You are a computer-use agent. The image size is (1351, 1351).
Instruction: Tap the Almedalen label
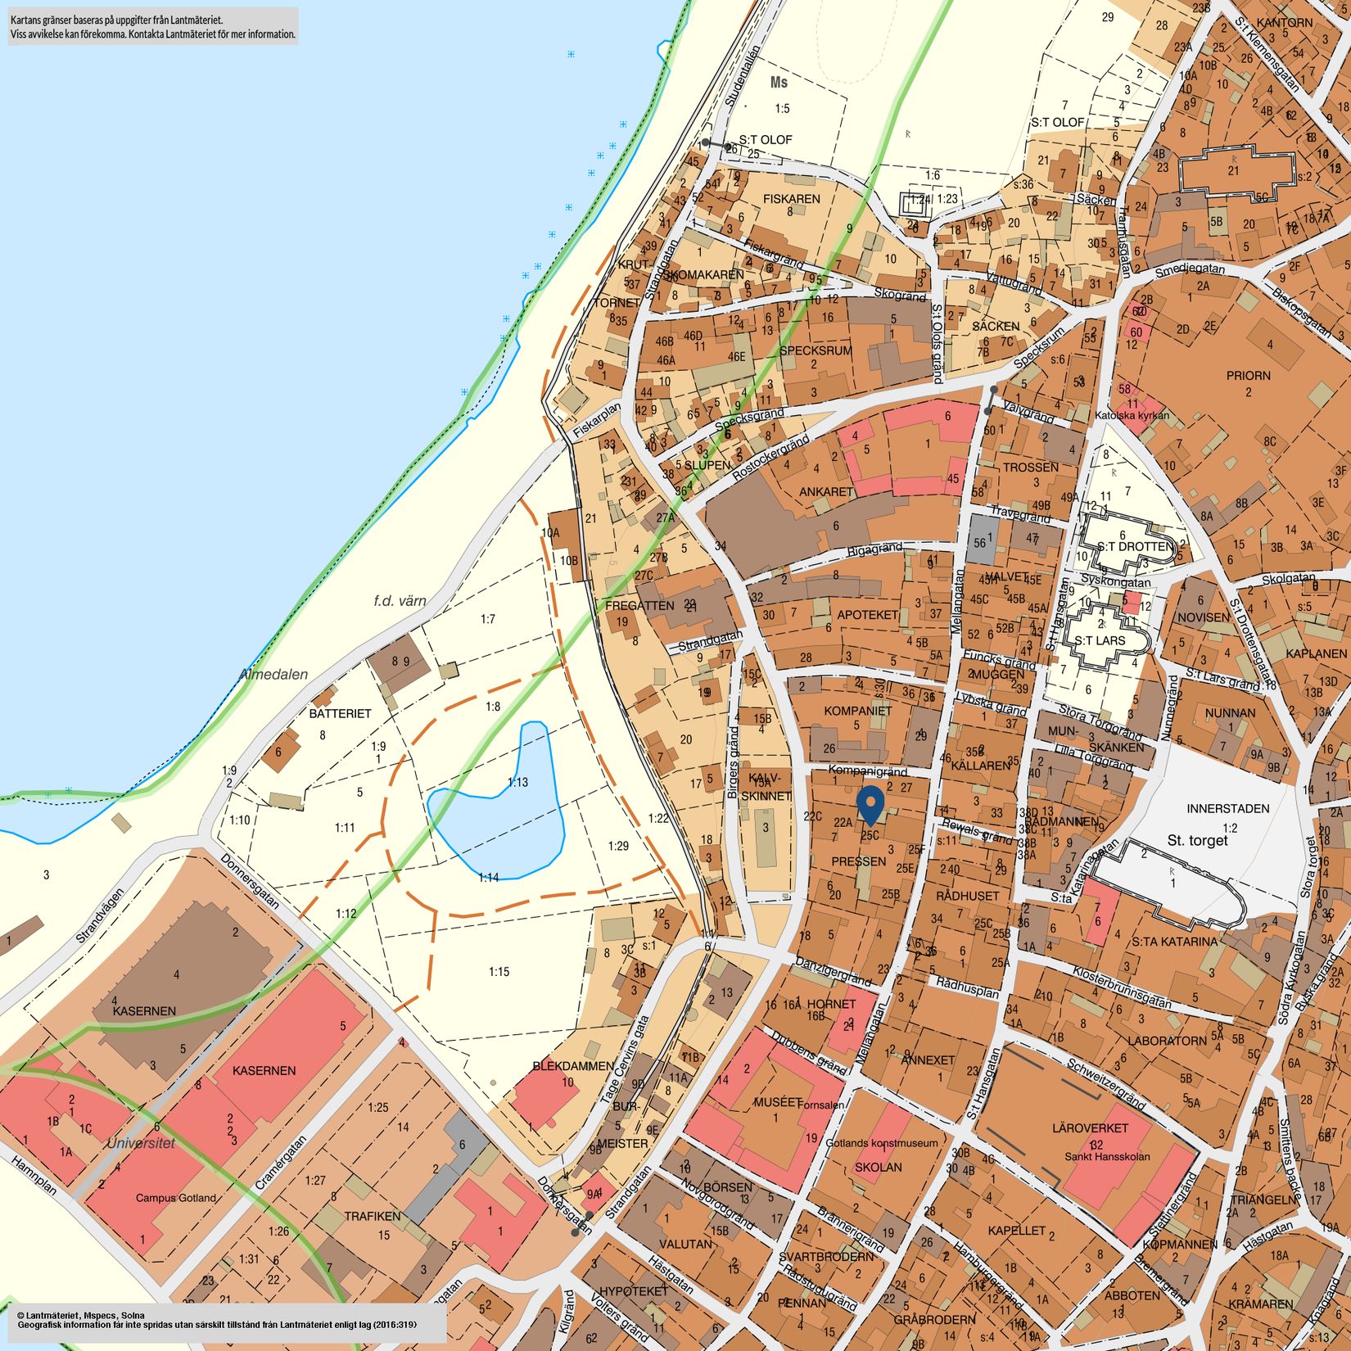[273, 675]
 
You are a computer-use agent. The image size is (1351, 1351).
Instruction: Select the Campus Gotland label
[176, 1198]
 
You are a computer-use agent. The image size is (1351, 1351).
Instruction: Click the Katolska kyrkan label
[1132, 416]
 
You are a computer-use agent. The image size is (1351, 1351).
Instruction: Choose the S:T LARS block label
[1100, 640]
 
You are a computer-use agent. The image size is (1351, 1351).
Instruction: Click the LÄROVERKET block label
[1090, 1127]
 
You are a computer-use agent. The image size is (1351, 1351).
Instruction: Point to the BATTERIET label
[340, 713]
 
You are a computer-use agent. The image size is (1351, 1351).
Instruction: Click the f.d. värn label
[400, 601]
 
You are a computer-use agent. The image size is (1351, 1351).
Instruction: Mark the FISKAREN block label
[791, 199]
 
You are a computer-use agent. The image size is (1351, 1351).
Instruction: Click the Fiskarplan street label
[597, 418]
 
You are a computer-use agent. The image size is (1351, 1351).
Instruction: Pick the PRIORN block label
[1248, 376]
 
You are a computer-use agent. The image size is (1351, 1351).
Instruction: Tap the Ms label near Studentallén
[779, 83]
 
